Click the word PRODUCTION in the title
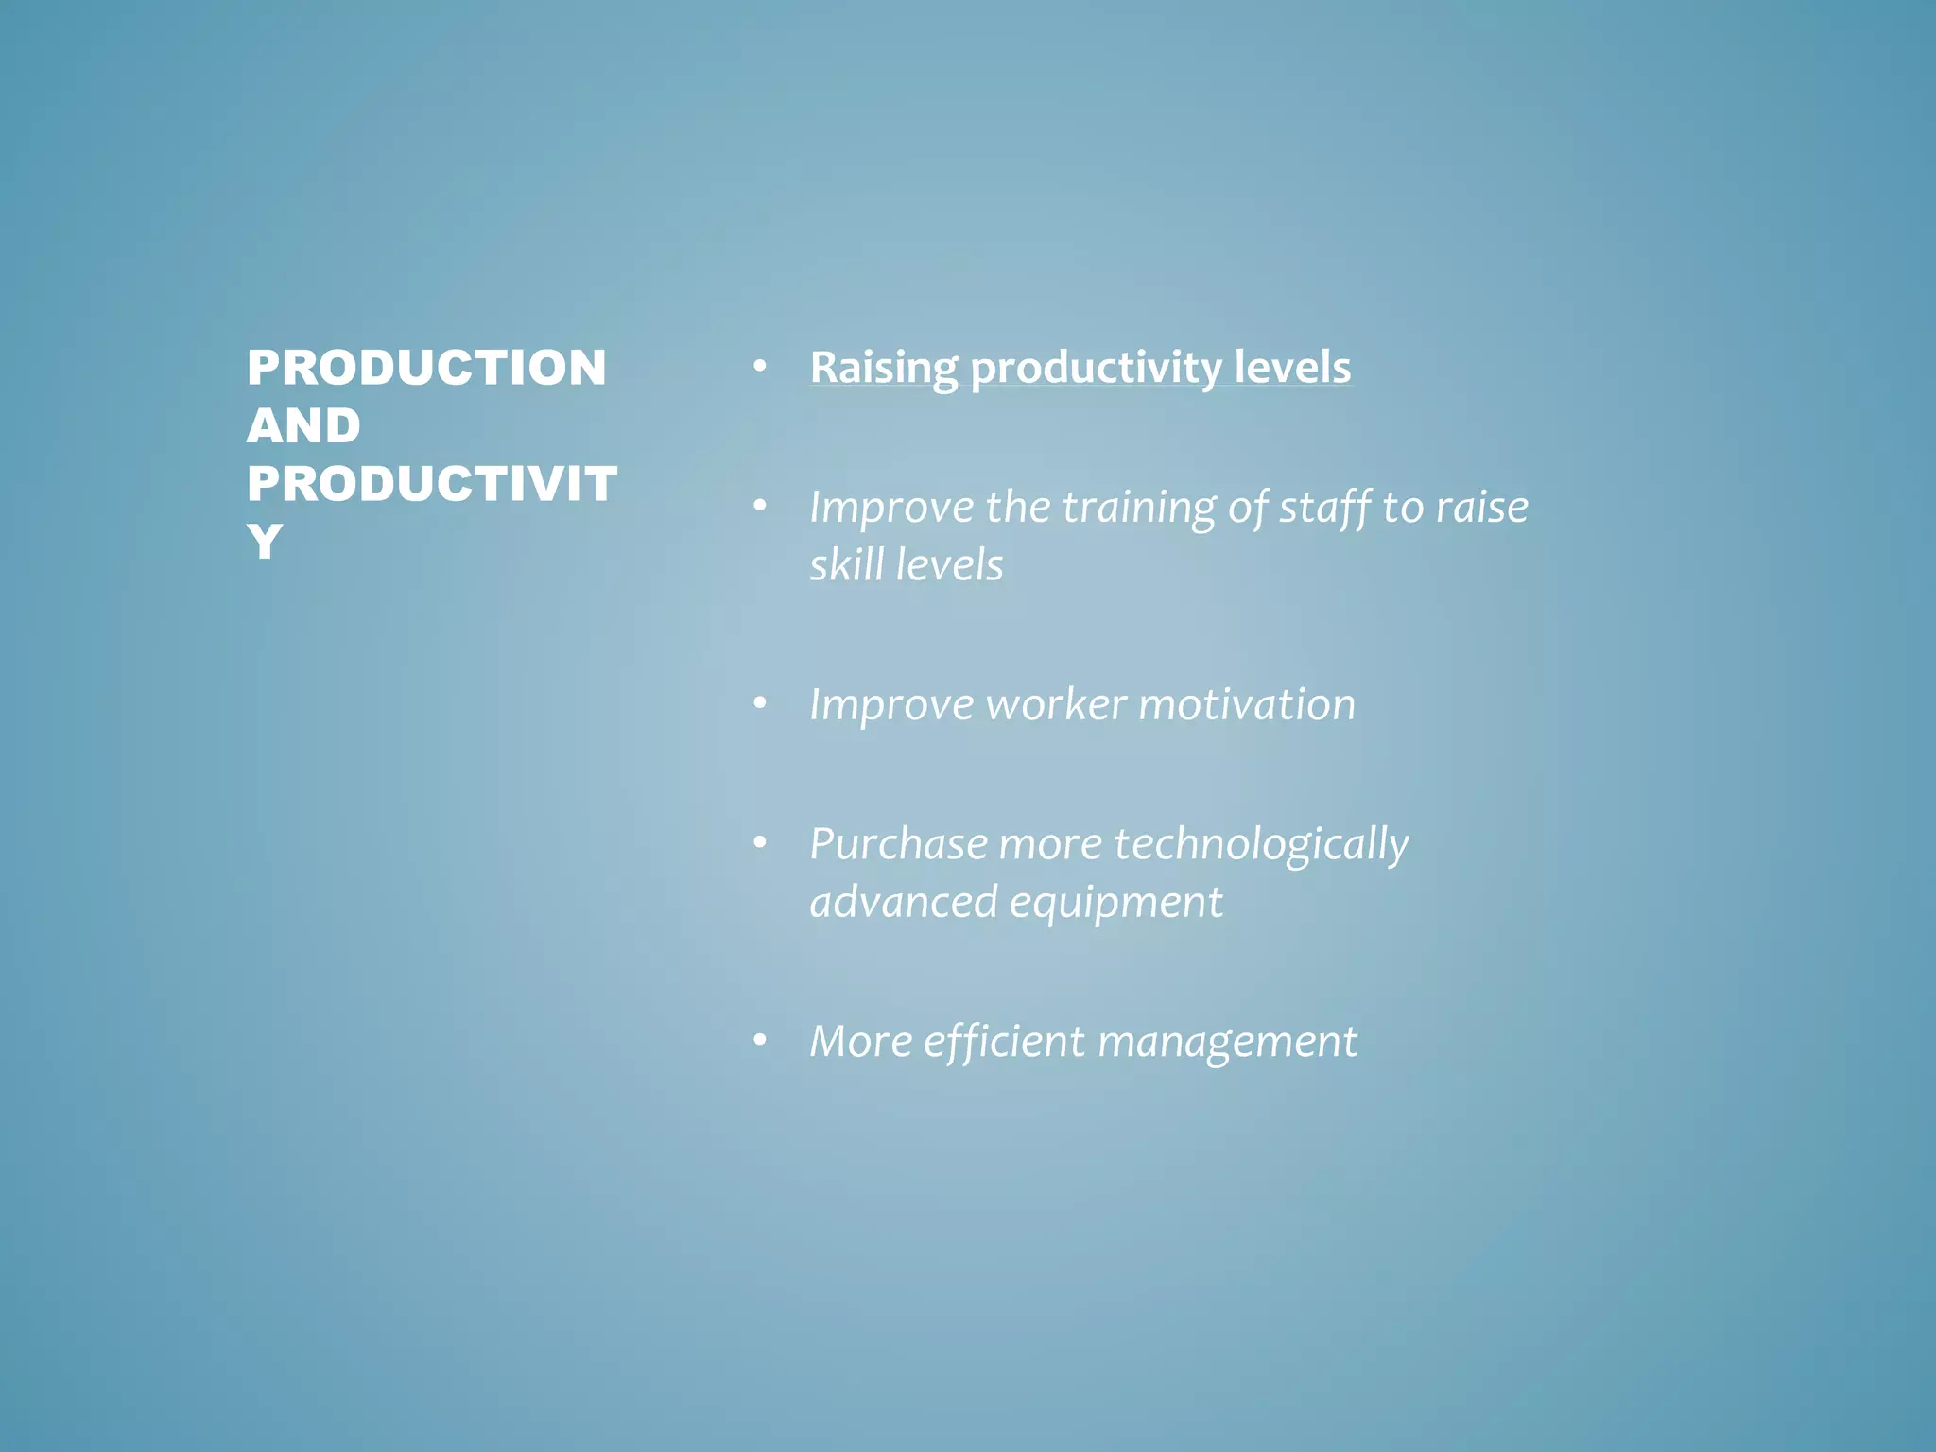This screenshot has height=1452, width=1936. [426, 368]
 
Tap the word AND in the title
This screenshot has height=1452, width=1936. [303, 425]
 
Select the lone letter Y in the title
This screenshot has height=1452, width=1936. [265, 542]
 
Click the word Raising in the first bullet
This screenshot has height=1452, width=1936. [883, 368]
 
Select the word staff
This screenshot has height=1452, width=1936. [1324, 508]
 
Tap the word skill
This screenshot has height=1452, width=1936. [846, 565]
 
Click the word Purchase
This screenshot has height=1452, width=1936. [898, 844]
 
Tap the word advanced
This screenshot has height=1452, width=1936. [904, 903]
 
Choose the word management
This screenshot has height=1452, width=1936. [1227, 1042]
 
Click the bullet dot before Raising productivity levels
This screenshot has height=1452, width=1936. [759, 366]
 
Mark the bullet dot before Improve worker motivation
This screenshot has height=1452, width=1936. [759, 703]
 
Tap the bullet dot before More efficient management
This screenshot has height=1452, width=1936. [759, 1040]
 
